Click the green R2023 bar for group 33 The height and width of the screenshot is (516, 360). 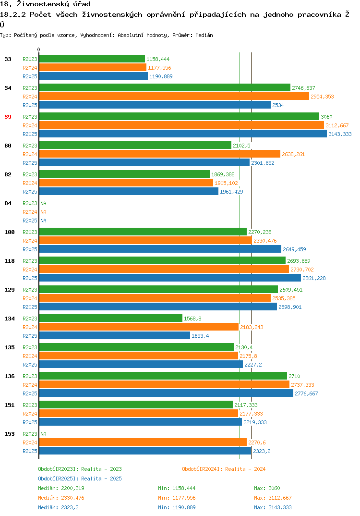(92, 59)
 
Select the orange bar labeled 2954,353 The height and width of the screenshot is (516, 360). (174, 96)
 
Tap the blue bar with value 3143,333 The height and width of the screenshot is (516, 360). (183, 134)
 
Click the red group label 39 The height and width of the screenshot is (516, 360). (8, 117)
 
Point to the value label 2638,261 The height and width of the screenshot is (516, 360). (293, 154)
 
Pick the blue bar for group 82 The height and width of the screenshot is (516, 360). (129, 191)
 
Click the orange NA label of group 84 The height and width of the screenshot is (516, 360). (43, 212)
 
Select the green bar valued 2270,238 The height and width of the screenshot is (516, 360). (143, 232)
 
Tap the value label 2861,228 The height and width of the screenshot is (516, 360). (314, 278)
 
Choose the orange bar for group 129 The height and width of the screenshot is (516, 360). (155, 298)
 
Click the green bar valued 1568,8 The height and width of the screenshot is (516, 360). (111, 318)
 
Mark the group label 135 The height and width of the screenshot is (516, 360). (10, 347)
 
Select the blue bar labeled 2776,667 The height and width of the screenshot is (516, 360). (166, 393)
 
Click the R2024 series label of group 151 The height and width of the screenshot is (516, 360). (30, 414)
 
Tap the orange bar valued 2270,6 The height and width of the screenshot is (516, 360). (143, 442)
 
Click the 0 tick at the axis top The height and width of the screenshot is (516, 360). (39, 49)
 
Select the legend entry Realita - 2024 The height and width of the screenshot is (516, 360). (224, 469)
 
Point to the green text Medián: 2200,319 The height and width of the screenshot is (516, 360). (61, 488)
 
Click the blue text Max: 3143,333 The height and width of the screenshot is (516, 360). (273, 507)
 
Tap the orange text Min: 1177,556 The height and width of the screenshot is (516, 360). (177, 498)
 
